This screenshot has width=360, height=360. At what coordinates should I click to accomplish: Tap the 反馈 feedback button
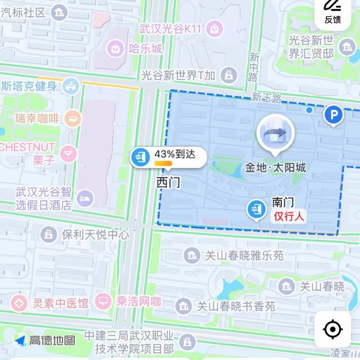(333, 12)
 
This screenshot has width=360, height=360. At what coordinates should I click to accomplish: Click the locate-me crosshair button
(333, 330)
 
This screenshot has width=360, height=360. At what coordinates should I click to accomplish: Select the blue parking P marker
(333, 117)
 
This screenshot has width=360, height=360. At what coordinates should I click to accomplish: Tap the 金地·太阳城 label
(275, 168)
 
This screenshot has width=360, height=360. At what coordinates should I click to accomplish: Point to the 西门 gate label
(168, 182)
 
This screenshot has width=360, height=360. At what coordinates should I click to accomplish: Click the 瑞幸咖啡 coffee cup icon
(72, 119)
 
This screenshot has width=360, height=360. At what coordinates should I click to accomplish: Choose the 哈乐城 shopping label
(145, 48)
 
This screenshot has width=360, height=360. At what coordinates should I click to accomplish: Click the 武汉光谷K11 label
(171, 30)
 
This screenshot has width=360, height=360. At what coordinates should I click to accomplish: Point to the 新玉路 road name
(266, 97)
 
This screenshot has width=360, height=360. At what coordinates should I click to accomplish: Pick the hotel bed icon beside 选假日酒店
(84, 198)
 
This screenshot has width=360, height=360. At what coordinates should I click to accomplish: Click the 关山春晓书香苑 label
(236, 306)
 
